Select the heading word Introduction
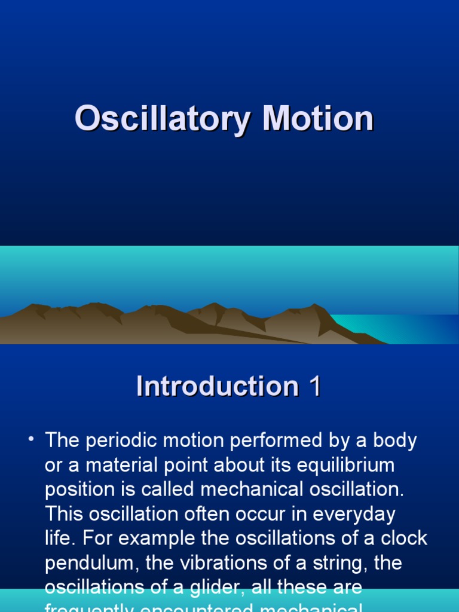(x=217, y=386)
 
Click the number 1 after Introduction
(x=314, y=386)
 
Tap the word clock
(x=405, y=538)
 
